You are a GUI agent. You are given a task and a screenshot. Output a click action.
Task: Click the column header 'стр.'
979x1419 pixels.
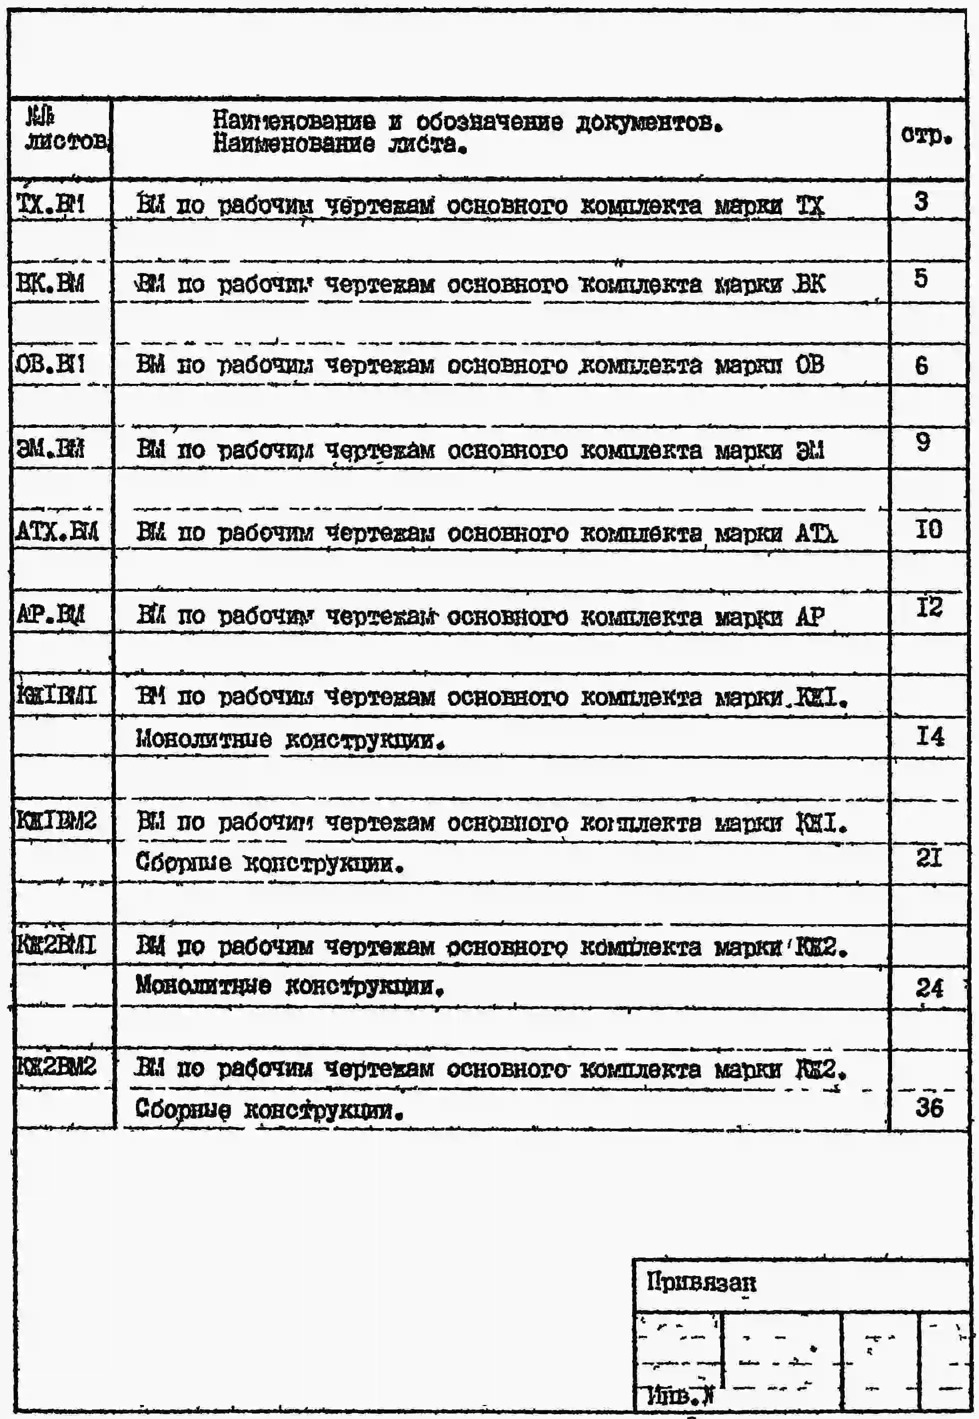pyautogui.click(x=926, y=135)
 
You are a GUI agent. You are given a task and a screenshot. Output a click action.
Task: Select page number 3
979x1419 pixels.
pyautogui.click(x=921, y=202)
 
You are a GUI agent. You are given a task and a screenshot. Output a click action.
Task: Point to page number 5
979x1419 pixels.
pyautogui.click(x=921, y=278)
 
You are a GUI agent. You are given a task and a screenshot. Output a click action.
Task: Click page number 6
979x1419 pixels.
pyautogui.click(x=921, y=366)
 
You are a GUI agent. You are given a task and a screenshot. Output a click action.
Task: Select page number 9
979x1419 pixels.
pyautogui.click(x=922, y=442)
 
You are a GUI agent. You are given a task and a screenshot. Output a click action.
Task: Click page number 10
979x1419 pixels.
pyautogui.click(x=928, y=529)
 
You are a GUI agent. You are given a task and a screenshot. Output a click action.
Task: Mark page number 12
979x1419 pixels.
pyautogui.click(x=929, y=607)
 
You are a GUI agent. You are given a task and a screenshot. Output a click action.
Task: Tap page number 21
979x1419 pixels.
pyautogui.click(x=929, y=858)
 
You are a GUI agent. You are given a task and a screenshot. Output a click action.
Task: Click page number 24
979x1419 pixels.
pyautogui.click(x=929, y=988)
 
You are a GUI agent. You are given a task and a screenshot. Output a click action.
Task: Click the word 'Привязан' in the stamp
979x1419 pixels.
pyautogui.click(x=701, y=1283)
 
